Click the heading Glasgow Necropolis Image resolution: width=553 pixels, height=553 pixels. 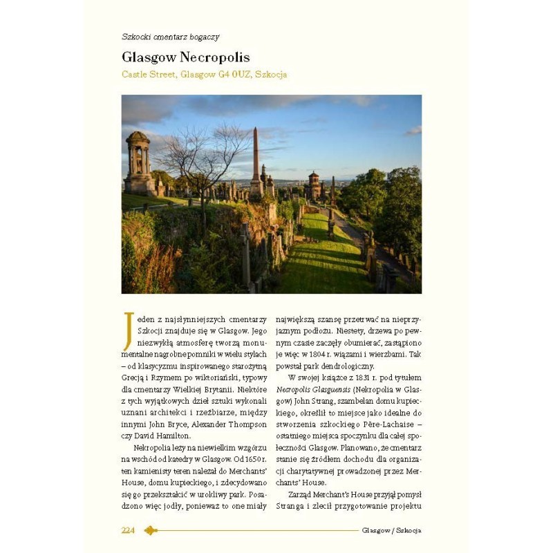[x=186, y=57]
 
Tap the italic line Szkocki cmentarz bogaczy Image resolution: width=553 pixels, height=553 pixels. [x=170, y=37]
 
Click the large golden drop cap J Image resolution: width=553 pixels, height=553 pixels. [x=127, y=331]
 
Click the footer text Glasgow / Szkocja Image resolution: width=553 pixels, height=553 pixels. [x=391, y=530]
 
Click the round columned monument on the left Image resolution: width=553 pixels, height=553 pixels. [x=139, y=162]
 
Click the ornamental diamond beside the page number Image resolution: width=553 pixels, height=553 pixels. [x=151, y=530]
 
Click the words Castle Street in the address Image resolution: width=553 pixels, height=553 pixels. [x=149, y=74]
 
